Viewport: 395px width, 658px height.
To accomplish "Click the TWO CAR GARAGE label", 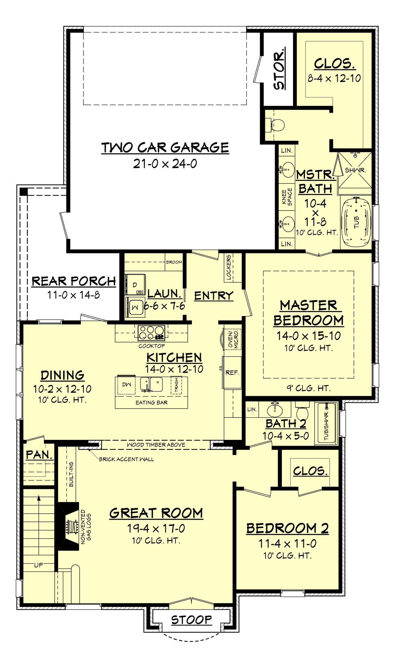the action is tap(165, 148).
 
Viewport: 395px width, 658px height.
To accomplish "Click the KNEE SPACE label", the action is tap(287, 197).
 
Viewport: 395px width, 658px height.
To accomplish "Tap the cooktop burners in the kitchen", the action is tap(151, 332).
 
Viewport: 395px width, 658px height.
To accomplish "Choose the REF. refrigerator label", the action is tap(232, 372).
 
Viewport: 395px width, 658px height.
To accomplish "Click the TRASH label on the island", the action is tap(177, 385).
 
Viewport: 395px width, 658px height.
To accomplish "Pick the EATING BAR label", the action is tap(152, 403).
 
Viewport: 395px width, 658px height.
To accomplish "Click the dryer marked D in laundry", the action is tap(135, 284).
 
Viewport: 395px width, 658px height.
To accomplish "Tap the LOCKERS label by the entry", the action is tap(229, 267).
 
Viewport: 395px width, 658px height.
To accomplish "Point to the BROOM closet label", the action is tap(174, 262).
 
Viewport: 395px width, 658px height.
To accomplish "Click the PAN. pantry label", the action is tap(39, 454).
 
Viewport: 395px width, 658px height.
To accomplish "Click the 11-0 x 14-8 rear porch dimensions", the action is tap(74, 295).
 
